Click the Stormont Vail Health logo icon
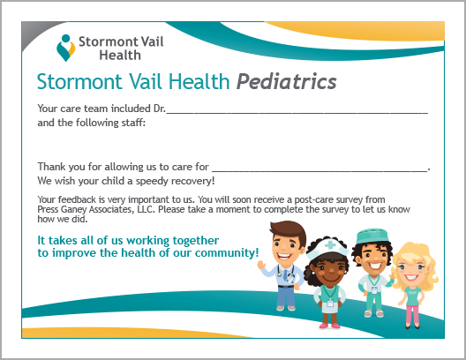pos(65,48)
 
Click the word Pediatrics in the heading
pos(287,81)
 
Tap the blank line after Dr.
pos(297,113)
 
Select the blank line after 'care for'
pos(319,171)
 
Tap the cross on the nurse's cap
pos(330,245)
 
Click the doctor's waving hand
pos(261,265)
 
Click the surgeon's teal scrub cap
pos(372,236)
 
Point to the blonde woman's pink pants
pos(413,314)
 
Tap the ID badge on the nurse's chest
pos(330,303)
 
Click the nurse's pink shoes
pos(329,326)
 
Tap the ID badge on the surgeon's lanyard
pos(374,290)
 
